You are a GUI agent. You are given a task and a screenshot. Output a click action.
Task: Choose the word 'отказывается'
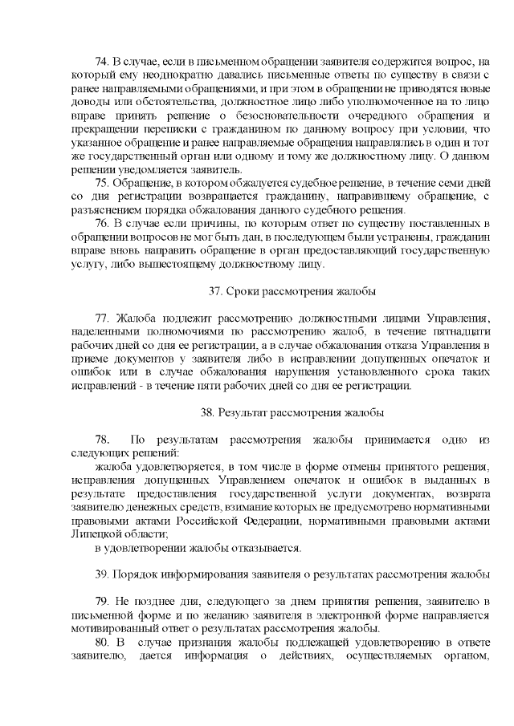[x=266, y=548]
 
